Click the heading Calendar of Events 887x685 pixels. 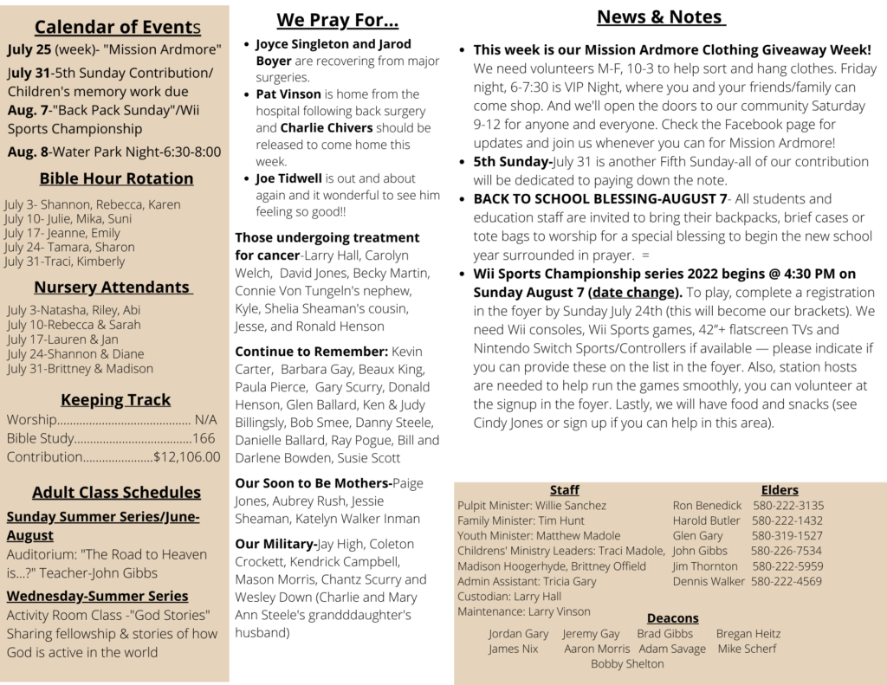pos(118,27)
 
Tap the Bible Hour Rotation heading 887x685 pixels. pos(116,178)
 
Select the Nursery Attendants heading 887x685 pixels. pos(113,287)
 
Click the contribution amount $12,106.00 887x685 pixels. pos(186,457)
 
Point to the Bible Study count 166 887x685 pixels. pos(204,438)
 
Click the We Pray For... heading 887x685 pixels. pos(337,20)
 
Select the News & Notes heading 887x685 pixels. pos(661,17)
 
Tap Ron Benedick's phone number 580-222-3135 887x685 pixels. pos(788,506)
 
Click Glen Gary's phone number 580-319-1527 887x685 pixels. pos(787,536)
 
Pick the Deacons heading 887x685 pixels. pos(672,618)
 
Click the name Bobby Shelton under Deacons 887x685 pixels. pos(627,664)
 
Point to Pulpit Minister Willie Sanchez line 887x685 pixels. pos(532,506)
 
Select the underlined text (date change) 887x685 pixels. pos(635,292)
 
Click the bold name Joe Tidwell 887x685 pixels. pos(289,178)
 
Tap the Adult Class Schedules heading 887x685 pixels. pos(116,492)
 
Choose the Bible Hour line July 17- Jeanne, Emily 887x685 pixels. pos(62,233)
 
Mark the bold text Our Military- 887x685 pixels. pos(276,544)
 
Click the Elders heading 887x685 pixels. pos(780,490)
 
